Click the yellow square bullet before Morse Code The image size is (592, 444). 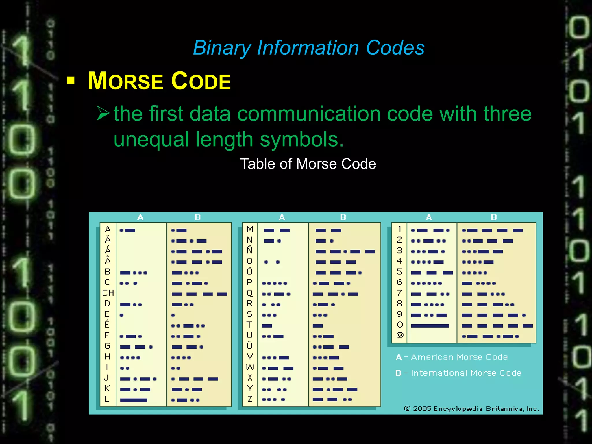(71, 80)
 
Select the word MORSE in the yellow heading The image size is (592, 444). (125, 82)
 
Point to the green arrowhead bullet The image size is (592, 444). (103, 113)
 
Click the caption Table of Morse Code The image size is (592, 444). (308, 164)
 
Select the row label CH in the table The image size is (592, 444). (108, 293)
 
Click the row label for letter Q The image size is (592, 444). (250, 293)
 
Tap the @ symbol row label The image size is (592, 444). (400, 335)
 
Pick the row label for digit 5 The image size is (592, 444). (399, 272)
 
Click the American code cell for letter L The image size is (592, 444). (134, 400)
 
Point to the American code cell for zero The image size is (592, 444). (430, 326)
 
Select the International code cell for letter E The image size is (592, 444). (173, 315)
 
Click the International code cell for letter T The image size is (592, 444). (318, 326)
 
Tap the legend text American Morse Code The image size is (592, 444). (459, 357)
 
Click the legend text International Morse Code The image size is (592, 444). (466, 373)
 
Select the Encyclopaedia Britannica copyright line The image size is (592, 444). (471, 409)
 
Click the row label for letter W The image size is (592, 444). (250, 367)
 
